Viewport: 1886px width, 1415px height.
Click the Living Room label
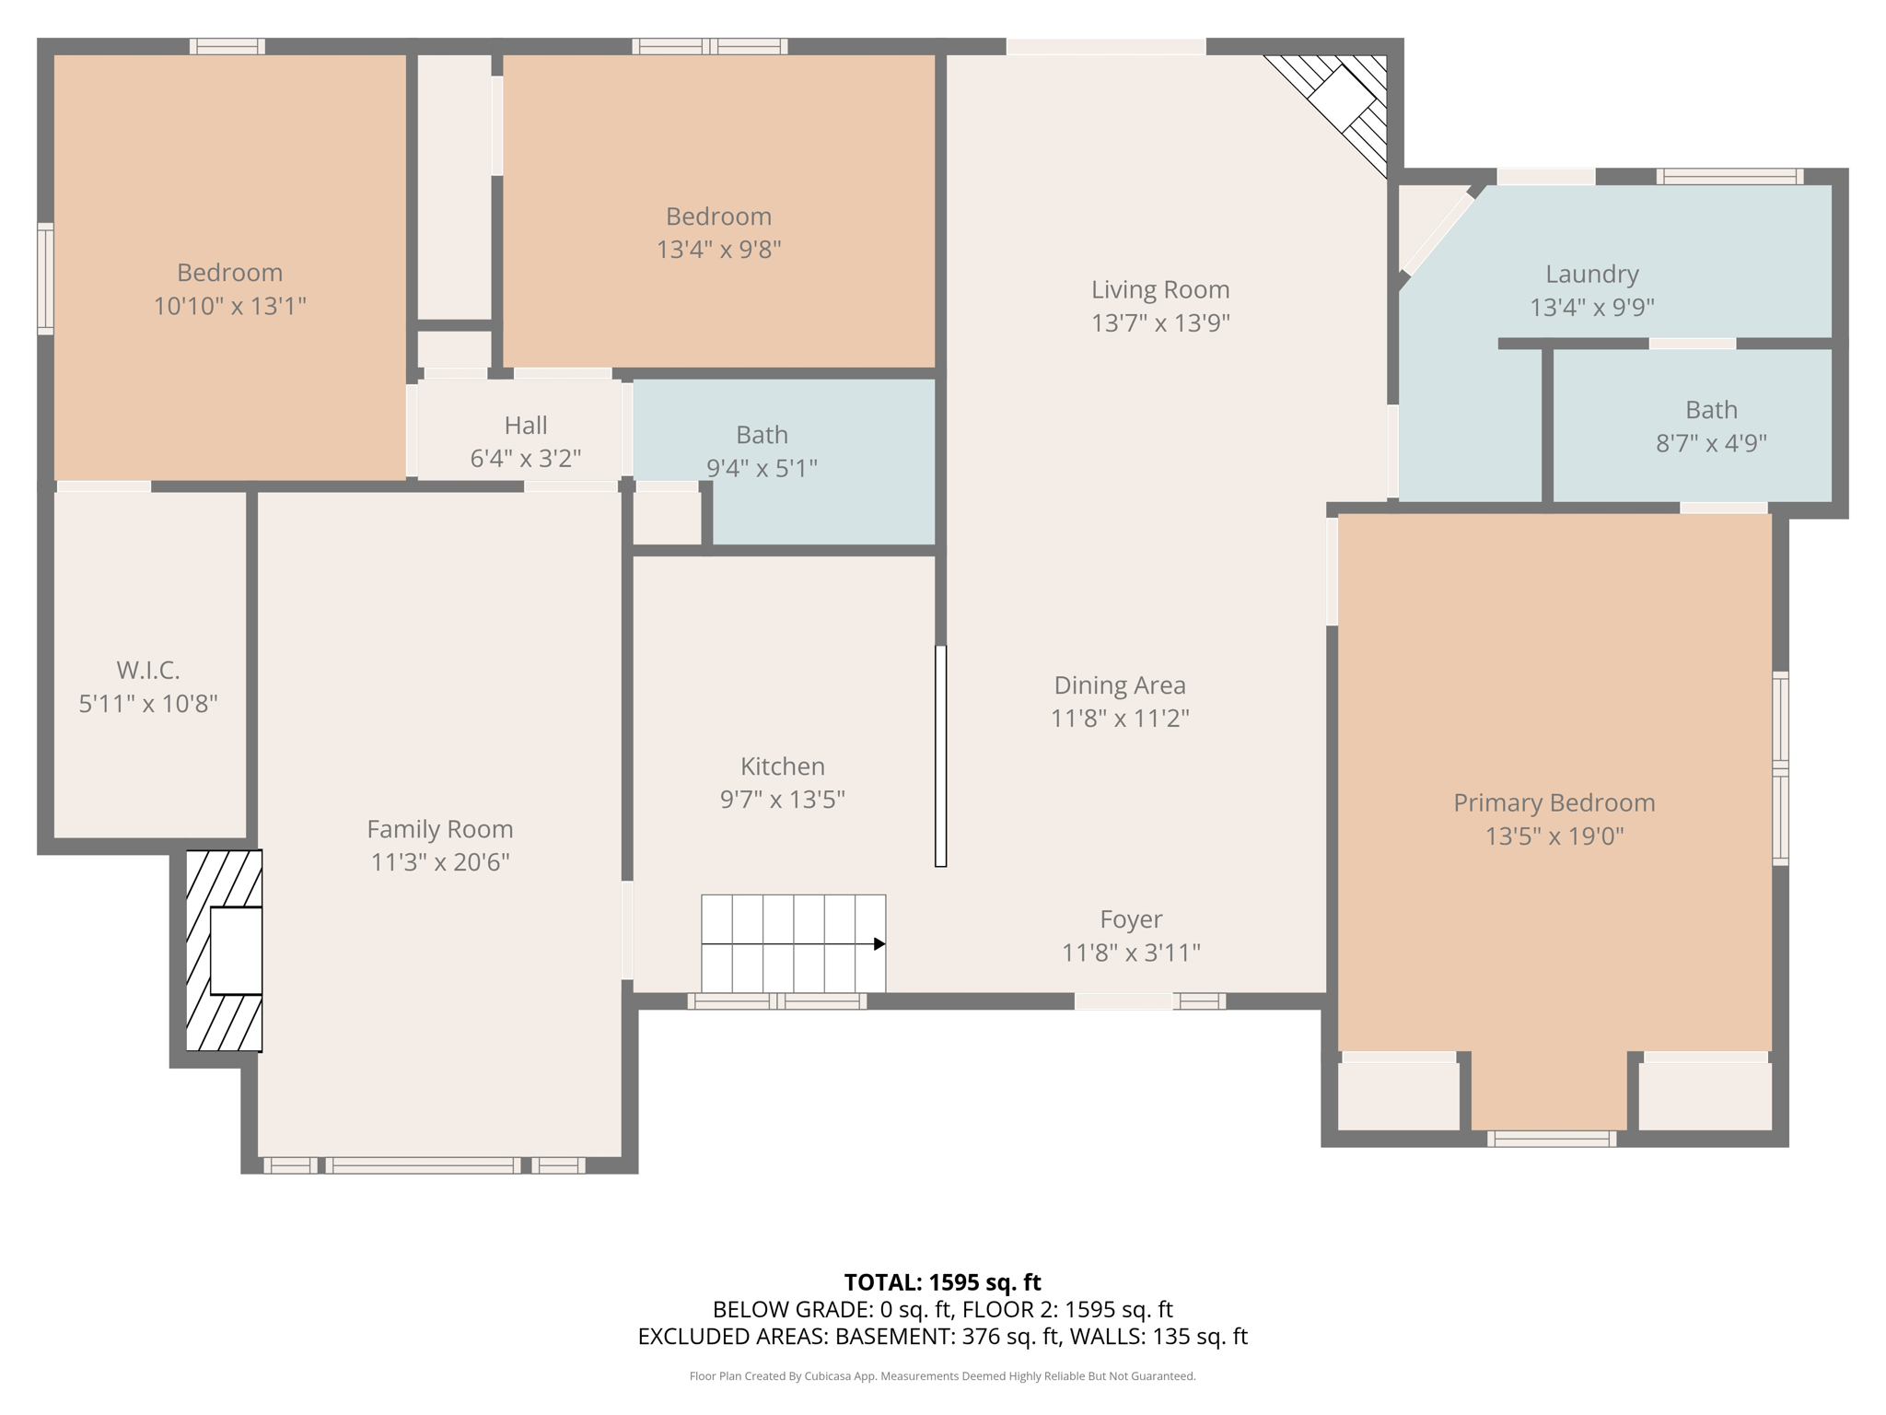click(x=1160, y=289)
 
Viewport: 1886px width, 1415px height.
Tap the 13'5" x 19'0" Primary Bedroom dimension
click(x=1554, y=836)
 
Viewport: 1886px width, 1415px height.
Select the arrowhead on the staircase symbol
click(x=879, y=944)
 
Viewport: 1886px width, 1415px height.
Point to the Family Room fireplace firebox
click(x=236, y=951)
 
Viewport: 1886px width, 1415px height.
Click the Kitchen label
click(x=782, y=766)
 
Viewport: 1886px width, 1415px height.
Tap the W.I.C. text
click(x=148, y=670)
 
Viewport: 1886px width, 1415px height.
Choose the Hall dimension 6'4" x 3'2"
click(x=526, y=459)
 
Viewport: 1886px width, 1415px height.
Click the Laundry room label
click(x=1591, y=274)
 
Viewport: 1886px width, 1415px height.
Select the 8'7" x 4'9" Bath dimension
click(x=1711, y=443)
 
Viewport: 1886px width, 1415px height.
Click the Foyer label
click(x=1131, y=919)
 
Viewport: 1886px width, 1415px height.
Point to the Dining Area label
click(x=1120, y=685)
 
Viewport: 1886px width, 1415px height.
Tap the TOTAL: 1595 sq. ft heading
click(x=942, y=1282)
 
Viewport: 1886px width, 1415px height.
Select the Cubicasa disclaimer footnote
click(x=942, y=1376)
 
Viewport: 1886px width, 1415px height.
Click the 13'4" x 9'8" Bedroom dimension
click(x=718, y=250)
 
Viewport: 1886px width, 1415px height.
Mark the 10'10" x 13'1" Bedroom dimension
click(x=229, y=306)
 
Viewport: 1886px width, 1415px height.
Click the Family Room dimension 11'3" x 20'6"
click(x=440, y=862)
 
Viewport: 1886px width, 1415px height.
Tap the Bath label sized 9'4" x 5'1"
click(x=762, y=435)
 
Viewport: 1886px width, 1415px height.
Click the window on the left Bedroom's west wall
click(x=45, y=277)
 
